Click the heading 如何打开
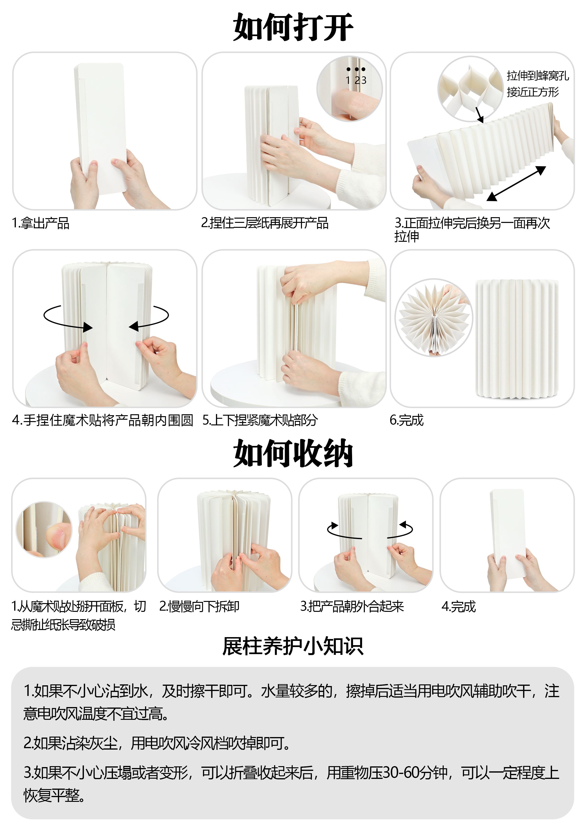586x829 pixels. tap(293, 27)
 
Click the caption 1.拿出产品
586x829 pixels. tap(40, 223)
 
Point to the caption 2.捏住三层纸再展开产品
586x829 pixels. tap(265, 223)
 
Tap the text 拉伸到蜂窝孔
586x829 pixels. tap(537, 76)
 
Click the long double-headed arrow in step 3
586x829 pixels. tap(516, 183)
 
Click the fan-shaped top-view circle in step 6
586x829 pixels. tap(434, 318)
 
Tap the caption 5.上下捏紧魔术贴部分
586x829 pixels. tap(260, 420)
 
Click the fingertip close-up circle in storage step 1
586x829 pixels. tap(44, 529)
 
